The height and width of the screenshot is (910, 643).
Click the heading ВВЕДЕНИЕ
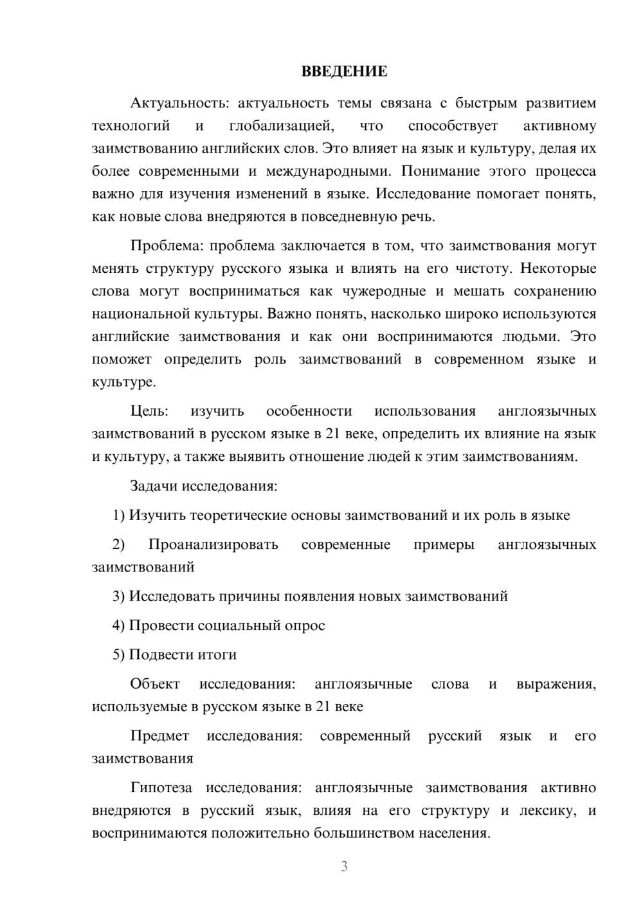point(344,71)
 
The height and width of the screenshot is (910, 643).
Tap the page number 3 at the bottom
point(344,866)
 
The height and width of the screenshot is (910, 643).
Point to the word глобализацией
point(281,126)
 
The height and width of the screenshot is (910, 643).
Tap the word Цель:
point(149,411)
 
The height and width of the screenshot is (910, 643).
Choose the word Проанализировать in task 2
point(213,544)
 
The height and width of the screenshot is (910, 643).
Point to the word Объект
point(155,684)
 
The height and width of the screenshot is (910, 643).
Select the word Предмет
point(159,736)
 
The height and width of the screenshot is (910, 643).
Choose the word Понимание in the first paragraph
point(437,172)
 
